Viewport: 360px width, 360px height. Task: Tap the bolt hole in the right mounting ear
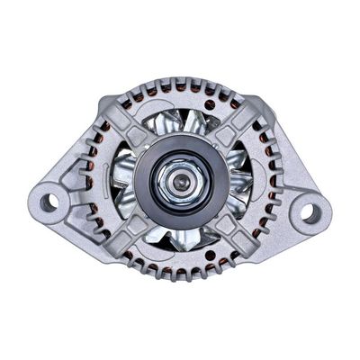click(309, 212)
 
